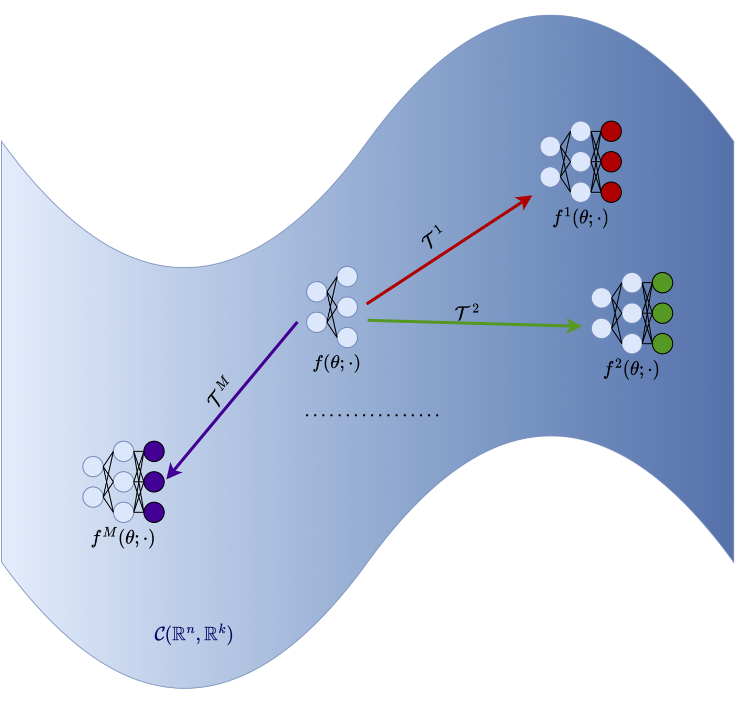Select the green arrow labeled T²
point(471,323)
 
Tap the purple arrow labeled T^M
point(236,397)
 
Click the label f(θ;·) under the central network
point(337,362)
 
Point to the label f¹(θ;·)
point(581,218)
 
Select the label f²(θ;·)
point(631,369)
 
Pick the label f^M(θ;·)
point(123,538)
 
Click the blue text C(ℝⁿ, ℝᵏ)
point(193,634)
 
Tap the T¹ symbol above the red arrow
point(432,238)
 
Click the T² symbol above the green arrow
point(466,313)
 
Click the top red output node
point(611,131)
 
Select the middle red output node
point(611,162)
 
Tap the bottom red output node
point(611,192)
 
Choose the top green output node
point(662,283)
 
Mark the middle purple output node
point(154,482)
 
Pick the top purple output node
point(154,451)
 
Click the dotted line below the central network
point(372,415)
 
